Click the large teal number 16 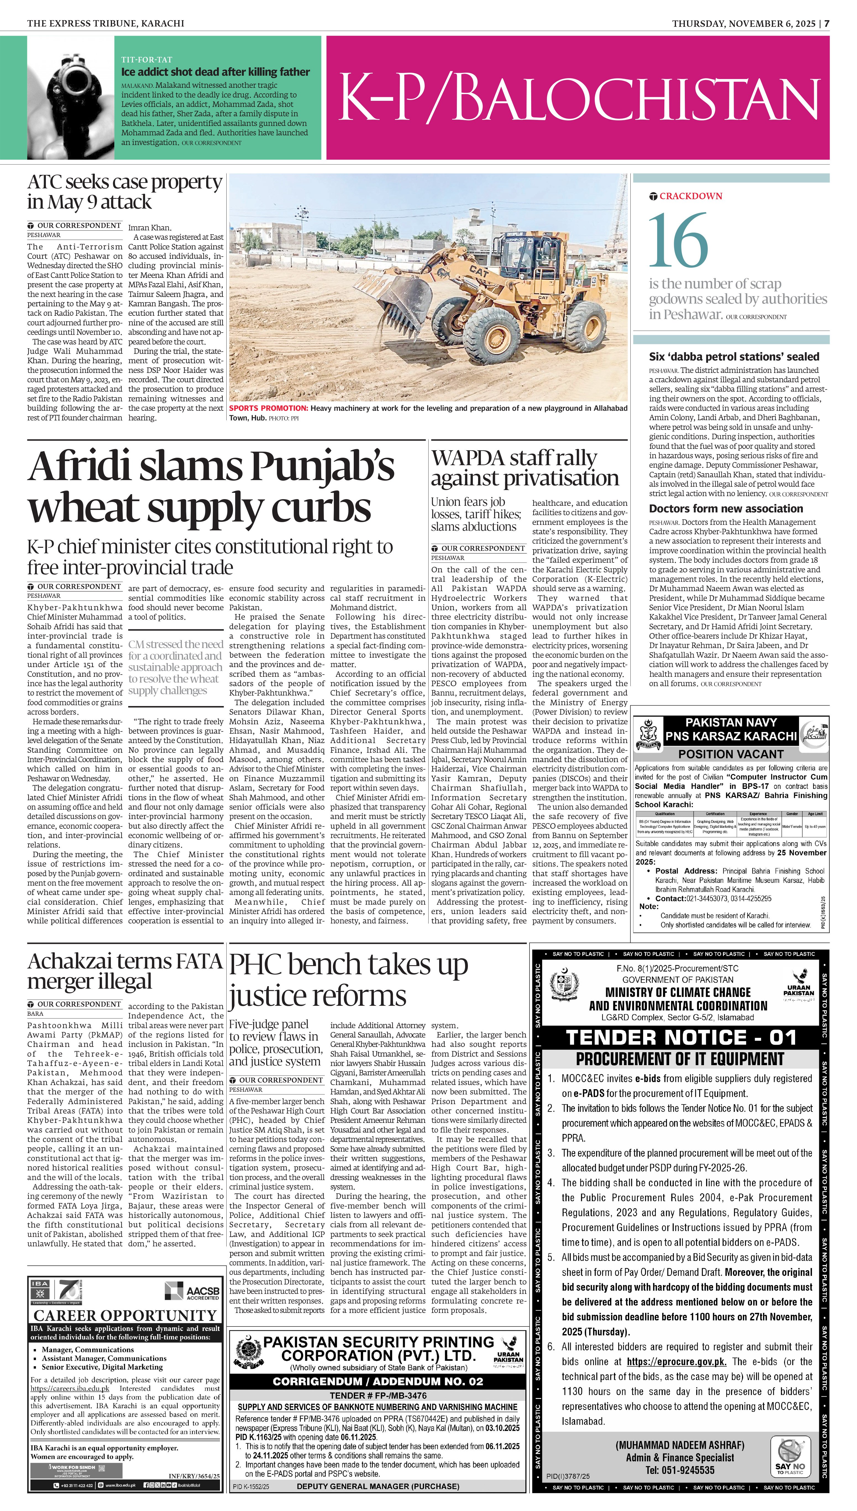678,240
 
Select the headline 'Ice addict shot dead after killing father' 216,72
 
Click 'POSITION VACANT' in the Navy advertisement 730,754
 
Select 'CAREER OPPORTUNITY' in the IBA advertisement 125,1315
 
